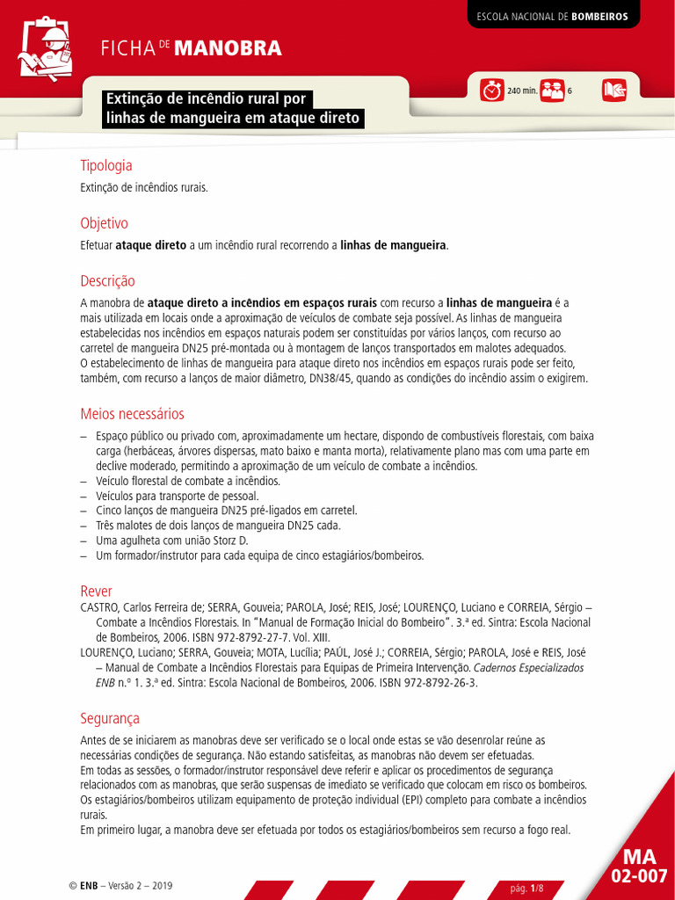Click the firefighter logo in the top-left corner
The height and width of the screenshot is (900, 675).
tap(44, 48)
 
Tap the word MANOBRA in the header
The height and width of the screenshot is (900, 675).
tap(228, 48)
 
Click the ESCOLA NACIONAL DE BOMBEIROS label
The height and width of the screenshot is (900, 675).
tap(553, 16)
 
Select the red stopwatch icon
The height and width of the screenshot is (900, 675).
tap(492, 91)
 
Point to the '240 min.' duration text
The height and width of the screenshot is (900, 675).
tap(522, 91)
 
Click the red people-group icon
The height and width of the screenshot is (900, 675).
tap(552, 91)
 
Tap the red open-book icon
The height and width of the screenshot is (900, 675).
tap(613, 91)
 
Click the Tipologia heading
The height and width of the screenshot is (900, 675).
tap(106, 165)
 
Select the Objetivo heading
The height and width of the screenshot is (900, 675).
tap(104, 223)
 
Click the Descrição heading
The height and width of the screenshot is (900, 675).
tap(107, 281)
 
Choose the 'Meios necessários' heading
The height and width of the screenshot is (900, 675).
tap(132, 414)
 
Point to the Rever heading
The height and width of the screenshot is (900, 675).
tap(96, 592)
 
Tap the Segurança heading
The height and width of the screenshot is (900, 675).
tap(110, 719)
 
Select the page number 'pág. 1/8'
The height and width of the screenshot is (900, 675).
tap(527, 889)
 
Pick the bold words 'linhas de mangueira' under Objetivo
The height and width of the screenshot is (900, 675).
tap(394, 245)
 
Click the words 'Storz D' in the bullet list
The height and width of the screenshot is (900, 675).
tap(232, 541)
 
